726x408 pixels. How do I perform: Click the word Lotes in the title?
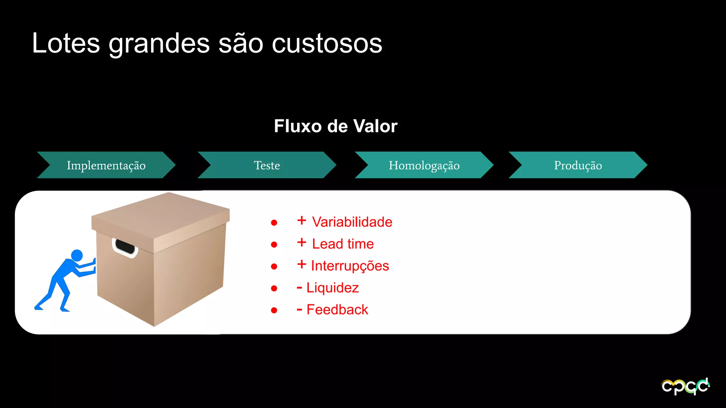[x=66, y=44]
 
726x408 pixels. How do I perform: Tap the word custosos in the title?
[x=327, y=44]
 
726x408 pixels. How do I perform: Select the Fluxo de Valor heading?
[x=335, y=126]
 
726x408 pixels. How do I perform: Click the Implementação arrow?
[x=106, y=165]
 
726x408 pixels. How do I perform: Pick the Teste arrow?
[x=267, y=165]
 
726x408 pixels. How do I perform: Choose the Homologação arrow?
[x=424, y=165]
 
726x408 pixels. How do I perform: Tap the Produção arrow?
[x=578, y=165]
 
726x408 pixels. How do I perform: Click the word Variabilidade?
[x=352, y=222]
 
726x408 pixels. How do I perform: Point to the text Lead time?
[x=343, y=244]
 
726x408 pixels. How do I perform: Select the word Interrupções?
[x=350, y=266]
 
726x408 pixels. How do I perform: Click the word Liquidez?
[x=333, y=288]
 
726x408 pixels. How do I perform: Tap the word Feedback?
[x=337, y=310]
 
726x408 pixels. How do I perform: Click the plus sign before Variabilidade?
[x=302, y=220]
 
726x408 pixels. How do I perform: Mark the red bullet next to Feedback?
[x=274, y=310]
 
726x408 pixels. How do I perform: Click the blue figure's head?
[x=77, y=255]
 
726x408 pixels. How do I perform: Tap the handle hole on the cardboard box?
[x=125, y=246]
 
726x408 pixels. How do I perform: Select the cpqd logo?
[x=685, y=386]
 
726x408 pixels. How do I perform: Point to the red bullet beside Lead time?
[x=274, y=244]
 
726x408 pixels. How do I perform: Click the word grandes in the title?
[x=159, y=44]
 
